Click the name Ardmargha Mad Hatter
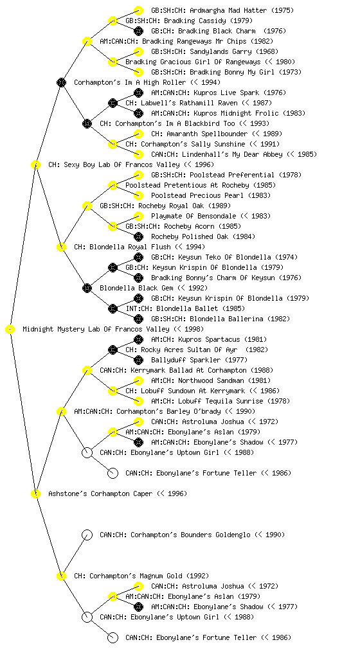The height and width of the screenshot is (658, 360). pos(222,10)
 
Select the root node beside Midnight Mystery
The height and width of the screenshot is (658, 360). pos(10,330)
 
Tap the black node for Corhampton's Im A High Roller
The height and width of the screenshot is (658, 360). pos(61,82)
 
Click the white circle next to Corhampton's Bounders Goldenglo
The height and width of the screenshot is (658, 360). pos(87,535)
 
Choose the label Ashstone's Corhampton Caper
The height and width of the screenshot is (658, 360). pos(118,494)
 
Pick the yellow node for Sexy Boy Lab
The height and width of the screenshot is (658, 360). pos(35,164)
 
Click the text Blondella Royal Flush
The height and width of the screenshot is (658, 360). pos(130,247)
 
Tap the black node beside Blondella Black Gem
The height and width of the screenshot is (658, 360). pos(87,288)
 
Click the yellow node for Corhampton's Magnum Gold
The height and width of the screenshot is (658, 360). pos(61,576)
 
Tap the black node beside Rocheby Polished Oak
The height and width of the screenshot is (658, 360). pos(138,236)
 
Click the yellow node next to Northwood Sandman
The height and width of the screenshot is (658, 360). pos(138,380)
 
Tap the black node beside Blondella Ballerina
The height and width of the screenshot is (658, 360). pos(138,319)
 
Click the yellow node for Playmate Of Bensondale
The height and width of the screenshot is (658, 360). pos(138,216)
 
